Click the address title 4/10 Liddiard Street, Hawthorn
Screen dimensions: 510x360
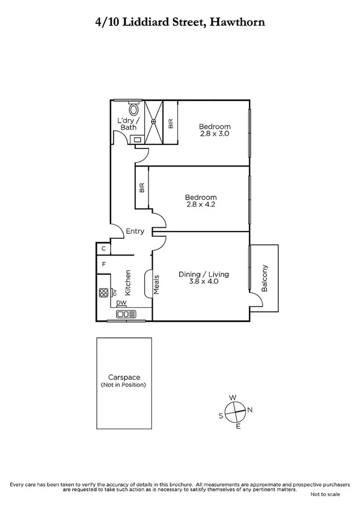[180, 22]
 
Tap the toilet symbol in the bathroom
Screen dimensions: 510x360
[134, 109]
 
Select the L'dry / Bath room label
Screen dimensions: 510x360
[127, 123]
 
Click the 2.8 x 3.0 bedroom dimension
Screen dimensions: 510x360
[215, 134]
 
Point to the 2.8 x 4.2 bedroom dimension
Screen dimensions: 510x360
[201, 205]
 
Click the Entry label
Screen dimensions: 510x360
[135, 232]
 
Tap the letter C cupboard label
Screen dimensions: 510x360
[103, 248]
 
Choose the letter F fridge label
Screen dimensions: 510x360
[104, 264]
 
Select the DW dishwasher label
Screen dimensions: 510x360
[121, 303]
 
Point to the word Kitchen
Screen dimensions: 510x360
[128, 281]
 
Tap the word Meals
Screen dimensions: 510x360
[156, 284]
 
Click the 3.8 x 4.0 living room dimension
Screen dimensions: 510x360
[204, 281]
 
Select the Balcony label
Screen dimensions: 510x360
[264, 278]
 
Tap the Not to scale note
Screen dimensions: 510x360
[325, 494]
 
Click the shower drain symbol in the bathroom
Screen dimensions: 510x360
[154, 121]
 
